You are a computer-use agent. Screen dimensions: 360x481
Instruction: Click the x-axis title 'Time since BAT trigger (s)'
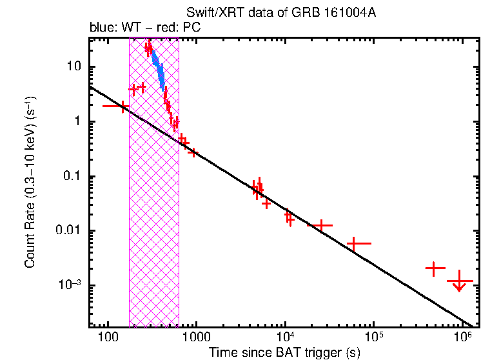(x=284, y=352)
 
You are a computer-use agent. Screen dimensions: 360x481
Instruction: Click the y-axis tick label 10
(x=73, y=67)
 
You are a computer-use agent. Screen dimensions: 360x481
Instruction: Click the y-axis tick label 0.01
(x=69, y=231)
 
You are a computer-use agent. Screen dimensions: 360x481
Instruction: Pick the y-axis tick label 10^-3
(x=71, y=285)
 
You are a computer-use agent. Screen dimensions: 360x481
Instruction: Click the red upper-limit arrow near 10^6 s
(x=460, y=282)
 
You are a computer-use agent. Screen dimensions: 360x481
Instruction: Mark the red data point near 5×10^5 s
(x=435, y=268)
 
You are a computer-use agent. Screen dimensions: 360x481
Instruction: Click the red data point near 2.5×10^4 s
(x=320, y=225)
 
